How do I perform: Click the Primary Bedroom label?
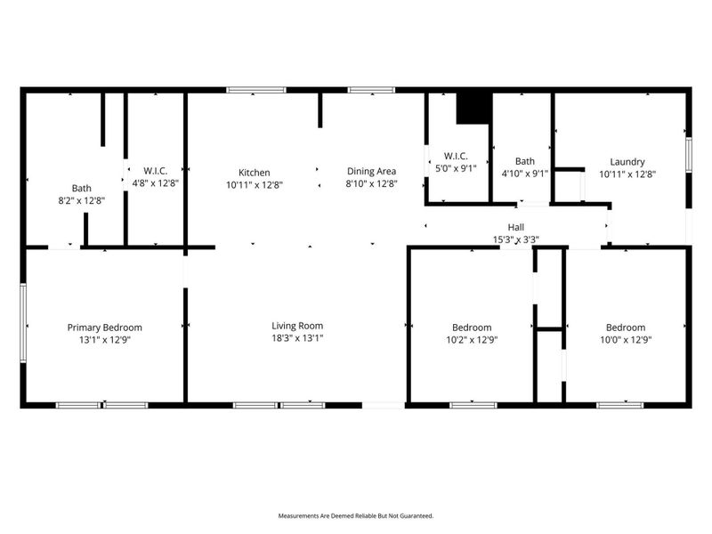(x=104, y=328)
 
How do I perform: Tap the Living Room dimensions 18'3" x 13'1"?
(x=297, y=338)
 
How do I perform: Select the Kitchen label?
(x=254, y=173)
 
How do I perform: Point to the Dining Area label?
(x=371, y=172)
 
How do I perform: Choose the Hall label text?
(x=516, y=228)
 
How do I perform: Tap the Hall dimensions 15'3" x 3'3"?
(x=516, y=239)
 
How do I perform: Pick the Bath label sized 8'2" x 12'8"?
(x=82, y=188)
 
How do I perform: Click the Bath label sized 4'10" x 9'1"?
(x=524, y=162)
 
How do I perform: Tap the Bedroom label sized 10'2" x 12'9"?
(x=472, y=328)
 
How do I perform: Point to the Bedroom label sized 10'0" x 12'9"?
(x=626, y=328)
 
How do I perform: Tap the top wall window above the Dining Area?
(x=365, y=90)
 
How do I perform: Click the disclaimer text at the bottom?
(x=356, y=516)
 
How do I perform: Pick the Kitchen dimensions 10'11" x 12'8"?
(x=254, y=184)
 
